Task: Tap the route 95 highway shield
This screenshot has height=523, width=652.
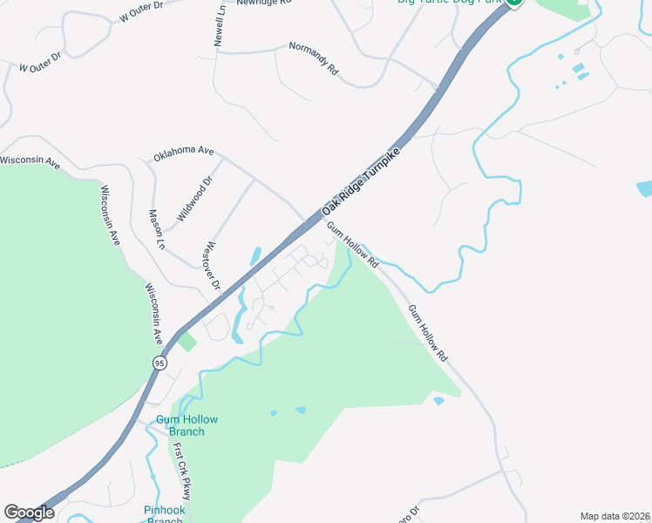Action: (x=159, y=363)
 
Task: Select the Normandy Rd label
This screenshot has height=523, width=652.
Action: (x=313, y=57)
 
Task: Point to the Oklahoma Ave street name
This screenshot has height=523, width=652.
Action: (x=183, y=153)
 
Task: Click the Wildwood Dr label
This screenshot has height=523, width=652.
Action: (x=194, y=200)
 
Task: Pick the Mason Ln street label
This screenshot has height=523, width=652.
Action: (x=156, y=229)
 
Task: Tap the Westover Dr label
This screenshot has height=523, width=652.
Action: (x=212, y=267)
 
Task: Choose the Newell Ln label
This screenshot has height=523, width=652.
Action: (x=219, y=24)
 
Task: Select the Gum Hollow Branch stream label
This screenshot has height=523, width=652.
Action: (x=187, y=425)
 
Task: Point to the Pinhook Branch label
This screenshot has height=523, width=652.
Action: (x=164, y=515)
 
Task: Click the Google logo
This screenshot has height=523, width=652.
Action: (x=29, y=513)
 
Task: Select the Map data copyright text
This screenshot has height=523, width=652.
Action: (x=614, y=516)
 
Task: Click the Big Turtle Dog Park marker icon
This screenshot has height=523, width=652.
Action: (x=514, y=3)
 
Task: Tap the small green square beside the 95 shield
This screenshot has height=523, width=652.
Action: (x=187, y=341)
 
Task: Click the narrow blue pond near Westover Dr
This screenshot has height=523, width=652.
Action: (x=255, y=257)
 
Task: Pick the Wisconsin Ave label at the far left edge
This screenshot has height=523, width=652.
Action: (x=29, y=162)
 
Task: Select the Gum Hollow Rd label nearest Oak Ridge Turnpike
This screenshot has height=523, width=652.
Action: (x=353, y=246)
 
